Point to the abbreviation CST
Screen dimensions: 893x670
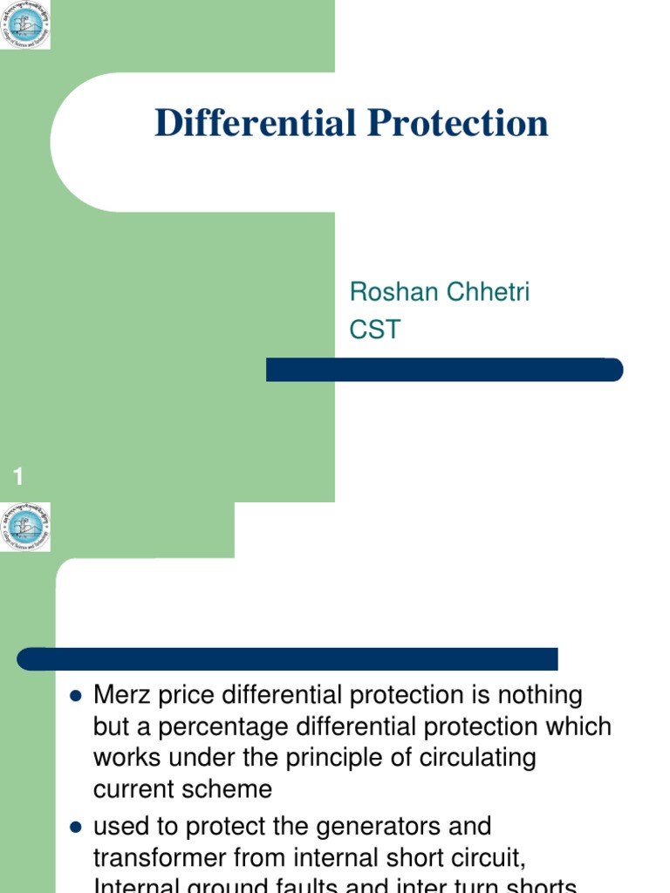coord(375,330)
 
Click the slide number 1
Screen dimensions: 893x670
coord(18,476)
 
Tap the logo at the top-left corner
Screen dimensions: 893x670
coord(25,24)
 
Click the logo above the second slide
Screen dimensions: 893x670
coord(25,526)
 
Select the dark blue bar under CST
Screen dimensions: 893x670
coord(444,370)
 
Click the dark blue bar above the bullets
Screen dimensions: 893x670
coord(287,658)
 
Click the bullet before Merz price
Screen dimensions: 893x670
coord(74,697)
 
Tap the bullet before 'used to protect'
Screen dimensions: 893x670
coord(74,826)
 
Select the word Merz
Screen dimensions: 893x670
coord(120,696)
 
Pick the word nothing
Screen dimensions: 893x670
coord(539,696)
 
